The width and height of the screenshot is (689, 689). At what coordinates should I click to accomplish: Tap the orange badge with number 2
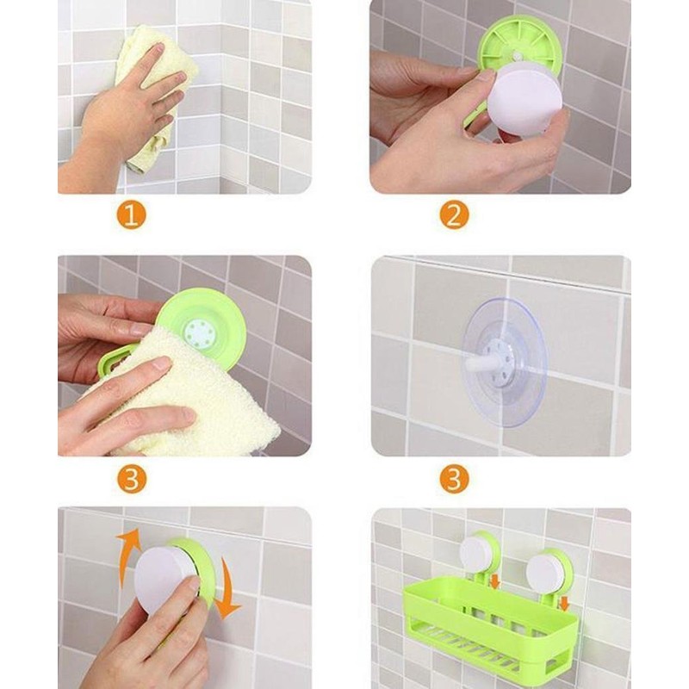tap(454, 214)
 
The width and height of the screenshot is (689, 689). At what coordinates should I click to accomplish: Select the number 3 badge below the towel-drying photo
tap(131, 478)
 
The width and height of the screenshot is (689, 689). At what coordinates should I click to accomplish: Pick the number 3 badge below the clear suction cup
tap(454, 478)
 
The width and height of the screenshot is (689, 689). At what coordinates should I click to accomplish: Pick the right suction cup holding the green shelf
tap(548, 568)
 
